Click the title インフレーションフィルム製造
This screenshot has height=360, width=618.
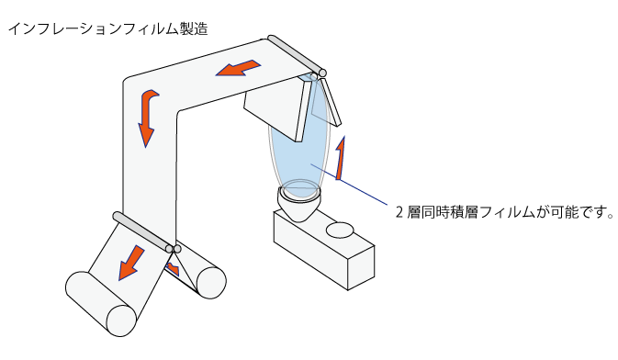[x=107, y=29]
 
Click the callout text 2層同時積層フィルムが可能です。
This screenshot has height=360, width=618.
[x=505, y=212]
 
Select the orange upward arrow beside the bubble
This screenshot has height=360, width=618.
[x=341, y=158]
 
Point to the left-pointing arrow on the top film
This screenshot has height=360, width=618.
[x=238, y=68]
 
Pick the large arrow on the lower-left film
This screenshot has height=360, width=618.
[x=131, y=263]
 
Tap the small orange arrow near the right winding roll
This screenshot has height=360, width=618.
[x=174, y=269]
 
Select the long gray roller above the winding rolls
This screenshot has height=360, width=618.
[x=143, y=231]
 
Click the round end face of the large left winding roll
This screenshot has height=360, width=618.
[x=121, y=321]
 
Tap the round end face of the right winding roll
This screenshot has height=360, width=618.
[x=211, y=282]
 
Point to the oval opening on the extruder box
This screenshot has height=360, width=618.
[x=340, y=230]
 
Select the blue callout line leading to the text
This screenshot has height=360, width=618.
[x=350, y=185]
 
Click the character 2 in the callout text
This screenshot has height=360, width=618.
[x=399, y=213]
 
